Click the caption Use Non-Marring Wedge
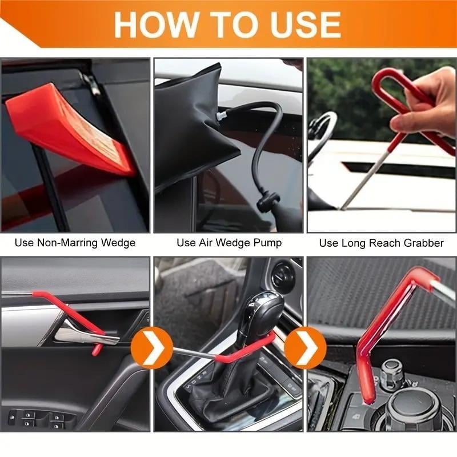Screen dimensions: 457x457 coord(75,243)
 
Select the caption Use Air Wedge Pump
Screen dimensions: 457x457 coord(229,243)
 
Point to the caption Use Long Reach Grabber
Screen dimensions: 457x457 coord(381,243)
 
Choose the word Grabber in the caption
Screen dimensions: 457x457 coord(423,243)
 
